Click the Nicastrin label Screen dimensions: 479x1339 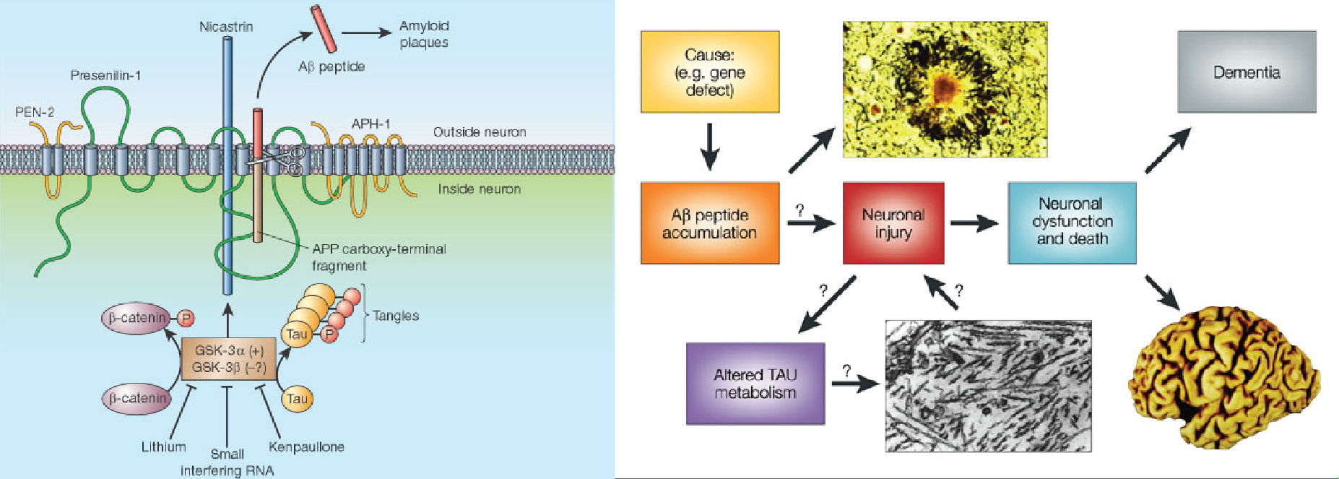coord(226,27)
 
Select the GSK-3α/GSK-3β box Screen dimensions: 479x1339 coord(229,359)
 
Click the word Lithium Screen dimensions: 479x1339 coord(164,446)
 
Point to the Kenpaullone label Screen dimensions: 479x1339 coord(306,446)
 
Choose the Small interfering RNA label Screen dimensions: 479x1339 coord(227,462)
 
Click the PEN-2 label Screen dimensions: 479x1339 coord(35,112)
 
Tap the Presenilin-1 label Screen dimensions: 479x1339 coord(105,75)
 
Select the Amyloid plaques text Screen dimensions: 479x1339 coord(424,34)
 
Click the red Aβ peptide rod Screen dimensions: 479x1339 coord(324,29)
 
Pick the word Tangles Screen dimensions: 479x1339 coord(396,316)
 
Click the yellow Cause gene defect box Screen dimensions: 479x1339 coord(710,72)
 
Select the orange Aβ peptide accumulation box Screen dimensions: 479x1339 coord(710,223)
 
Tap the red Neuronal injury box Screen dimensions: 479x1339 coord(893,223)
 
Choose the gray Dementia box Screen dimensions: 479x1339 coord(1247,72)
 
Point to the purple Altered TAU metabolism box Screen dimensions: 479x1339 coord(755,384)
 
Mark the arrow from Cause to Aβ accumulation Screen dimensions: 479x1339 coord(710,147)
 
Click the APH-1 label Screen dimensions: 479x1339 coord(370,124)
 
